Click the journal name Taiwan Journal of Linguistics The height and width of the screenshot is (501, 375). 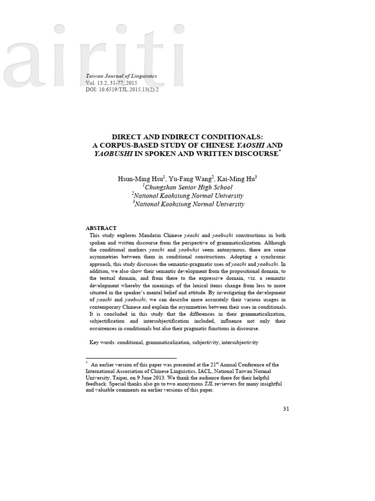click(x=121, y=76)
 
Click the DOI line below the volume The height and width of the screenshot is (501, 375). click(x=122, y=90)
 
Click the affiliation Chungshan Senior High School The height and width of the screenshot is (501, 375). click(x=188, y=187)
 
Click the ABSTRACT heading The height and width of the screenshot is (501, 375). click(x=101, y=228)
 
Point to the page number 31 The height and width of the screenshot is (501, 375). click(x=286, y=409)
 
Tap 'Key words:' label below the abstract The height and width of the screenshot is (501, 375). click(x=103, y=342)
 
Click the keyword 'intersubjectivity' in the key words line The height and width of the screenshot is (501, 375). click(x=240, y=342)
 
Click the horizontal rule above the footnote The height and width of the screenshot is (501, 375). click(x=131, y=359)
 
